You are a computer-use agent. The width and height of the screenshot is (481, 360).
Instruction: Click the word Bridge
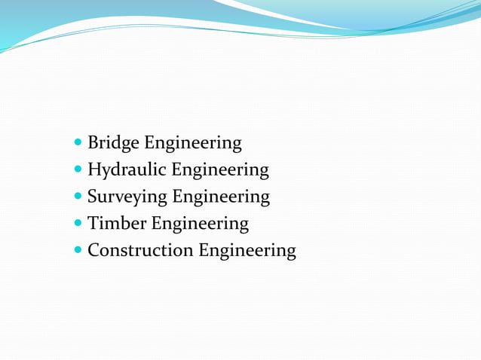[x=113, y=143]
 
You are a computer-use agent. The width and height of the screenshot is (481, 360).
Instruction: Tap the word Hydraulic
[x=127, y=170]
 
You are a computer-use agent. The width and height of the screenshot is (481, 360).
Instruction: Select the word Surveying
[x=127, y=197]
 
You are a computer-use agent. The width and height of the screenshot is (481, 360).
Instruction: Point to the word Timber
[x=117, y=224]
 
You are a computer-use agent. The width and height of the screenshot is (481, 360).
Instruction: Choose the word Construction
[x=140, y=250]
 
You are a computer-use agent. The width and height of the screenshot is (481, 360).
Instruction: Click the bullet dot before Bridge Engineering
[x=80, y=143]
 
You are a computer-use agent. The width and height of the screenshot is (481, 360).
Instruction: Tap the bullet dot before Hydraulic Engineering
[x=80, y=170]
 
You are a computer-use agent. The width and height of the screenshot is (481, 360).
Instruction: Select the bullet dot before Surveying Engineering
[x=80, y=197]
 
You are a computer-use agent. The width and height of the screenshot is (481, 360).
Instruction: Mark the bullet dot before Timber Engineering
[x=80, y=224]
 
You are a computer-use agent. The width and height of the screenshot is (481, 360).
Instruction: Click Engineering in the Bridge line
[x=193, y=143]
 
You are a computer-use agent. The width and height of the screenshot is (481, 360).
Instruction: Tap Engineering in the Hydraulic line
[x=220, y=170]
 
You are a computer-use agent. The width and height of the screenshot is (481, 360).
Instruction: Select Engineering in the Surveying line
[x=221, y=197]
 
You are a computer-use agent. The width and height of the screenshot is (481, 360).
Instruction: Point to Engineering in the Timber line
[x=200, y=224]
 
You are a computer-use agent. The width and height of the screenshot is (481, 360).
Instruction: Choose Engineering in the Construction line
[x=247, y=251]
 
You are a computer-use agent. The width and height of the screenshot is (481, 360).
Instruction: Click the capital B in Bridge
[x=93, y=142]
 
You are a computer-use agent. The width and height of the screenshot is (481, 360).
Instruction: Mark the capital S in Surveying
[x=92, y=197]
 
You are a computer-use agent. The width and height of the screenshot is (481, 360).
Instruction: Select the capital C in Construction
[x=93, y=250]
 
